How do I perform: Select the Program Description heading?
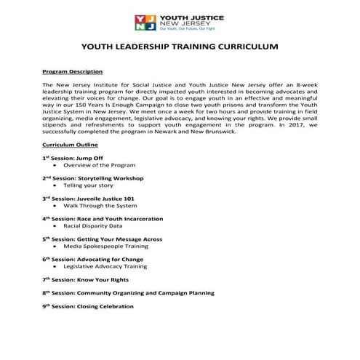(72, 72)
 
